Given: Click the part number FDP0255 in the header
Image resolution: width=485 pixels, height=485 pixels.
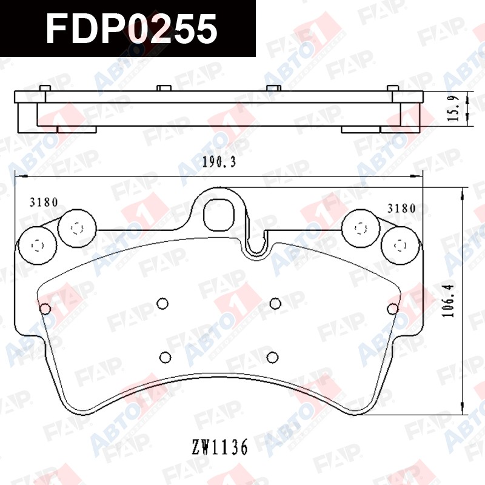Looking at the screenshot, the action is pos(132,29).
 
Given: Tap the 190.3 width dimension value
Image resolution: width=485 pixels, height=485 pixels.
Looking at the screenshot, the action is pos(219,162).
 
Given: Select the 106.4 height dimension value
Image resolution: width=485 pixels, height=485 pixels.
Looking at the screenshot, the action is pos(448,301).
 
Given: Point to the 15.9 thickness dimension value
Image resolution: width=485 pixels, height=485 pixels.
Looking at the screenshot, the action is pos(454,109).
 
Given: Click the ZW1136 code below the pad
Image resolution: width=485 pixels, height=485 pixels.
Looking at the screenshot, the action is pos(219,447).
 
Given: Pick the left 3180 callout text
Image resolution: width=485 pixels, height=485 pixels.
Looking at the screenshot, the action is pos(44,202).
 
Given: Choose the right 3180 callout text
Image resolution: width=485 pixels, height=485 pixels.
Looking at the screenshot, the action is pos(401,209).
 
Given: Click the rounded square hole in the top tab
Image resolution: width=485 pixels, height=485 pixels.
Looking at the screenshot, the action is pos(219,215).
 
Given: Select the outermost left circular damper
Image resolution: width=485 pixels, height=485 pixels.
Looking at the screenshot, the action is pos(38,246).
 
